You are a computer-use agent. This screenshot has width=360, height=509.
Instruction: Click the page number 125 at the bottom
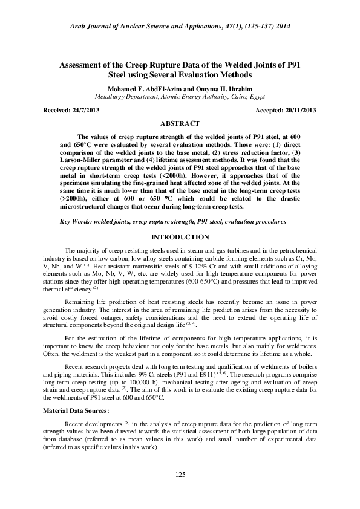[180, 475]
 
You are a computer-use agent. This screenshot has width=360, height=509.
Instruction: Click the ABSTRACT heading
[180, 123]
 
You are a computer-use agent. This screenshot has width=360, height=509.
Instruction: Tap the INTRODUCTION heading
[180, 237]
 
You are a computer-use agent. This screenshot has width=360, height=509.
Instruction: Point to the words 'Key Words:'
[75, 222]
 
